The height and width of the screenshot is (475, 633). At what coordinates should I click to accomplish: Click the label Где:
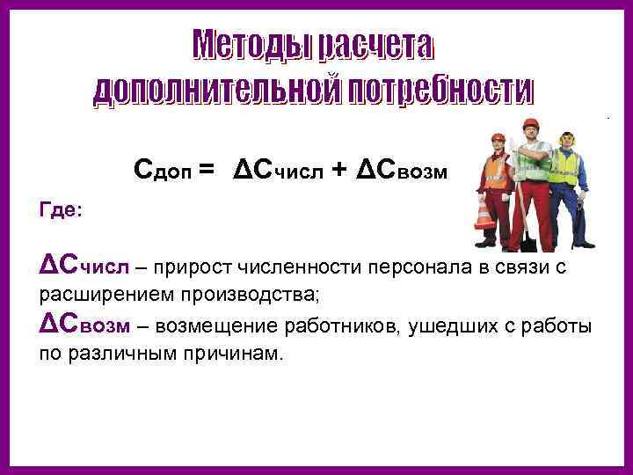tap(62, 211)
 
